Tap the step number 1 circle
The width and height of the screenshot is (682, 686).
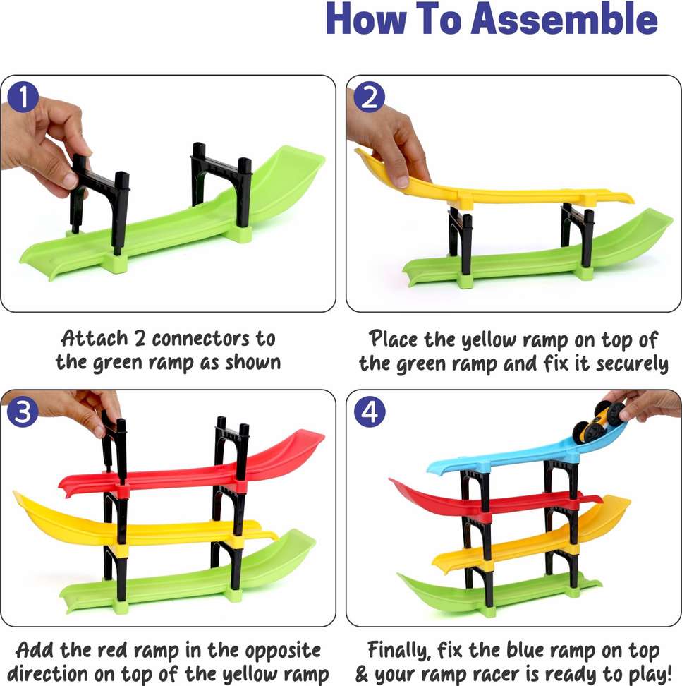(23, 97)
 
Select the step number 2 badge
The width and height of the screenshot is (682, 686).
(370, 97)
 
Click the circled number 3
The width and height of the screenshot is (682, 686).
(23, 411)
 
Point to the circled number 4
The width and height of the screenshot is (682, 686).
(370, 411)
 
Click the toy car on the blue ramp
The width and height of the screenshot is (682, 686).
(599, 421)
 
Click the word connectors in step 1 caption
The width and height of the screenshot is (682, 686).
(201, 339)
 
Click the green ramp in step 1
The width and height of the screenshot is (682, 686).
(175, 227)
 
